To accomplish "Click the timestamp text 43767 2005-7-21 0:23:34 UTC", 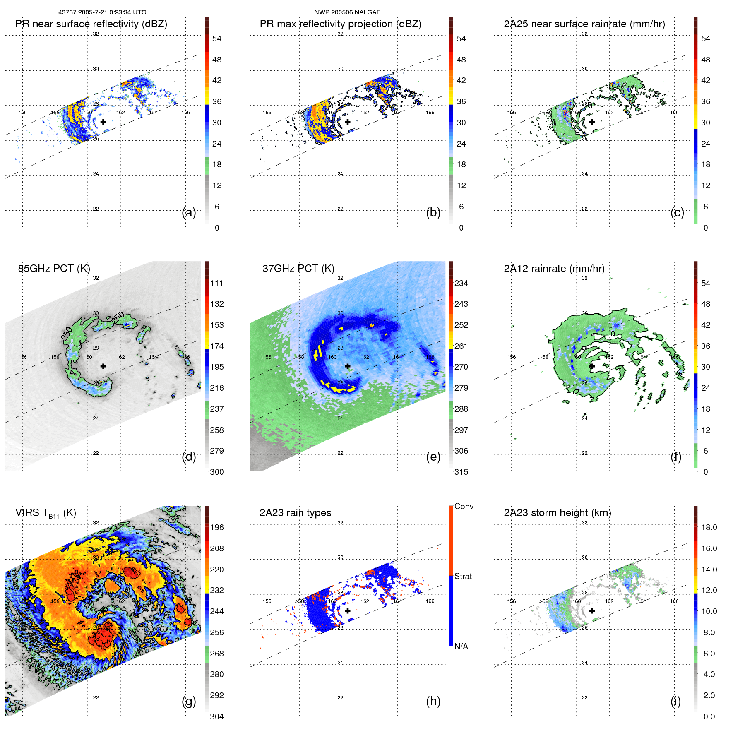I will click(102, 12).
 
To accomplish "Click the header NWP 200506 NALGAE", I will click(347, 12).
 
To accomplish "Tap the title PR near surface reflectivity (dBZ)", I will click(91, 24).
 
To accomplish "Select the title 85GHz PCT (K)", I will click(54, 269).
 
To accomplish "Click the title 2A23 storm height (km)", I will click(557, 513).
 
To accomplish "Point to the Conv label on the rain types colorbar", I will click(464, 506).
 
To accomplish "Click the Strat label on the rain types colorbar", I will click(463, 576).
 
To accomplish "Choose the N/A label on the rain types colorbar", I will click(461, 646).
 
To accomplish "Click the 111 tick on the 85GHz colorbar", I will click(217, 284).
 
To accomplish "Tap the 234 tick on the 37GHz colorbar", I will click(461, 284).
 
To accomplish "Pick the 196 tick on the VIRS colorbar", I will click(217, 528).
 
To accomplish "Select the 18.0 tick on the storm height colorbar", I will click(709, 528).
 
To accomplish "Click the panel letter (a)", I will click(189, 213).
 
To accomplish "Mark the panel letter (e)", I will click(433, 457).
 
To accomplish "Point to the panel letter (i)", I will click(675, 701).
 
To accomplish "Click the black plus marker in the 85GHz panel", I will click(103, 366).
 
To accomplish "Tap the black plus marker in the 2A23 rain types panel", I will click(348, 610).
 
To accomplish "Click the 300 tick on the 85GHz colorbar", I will click(217, 472).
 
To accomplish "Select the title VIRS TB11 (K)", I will click(46, 513).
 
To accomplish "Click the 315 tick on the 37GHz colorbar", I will click(461, 472).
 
